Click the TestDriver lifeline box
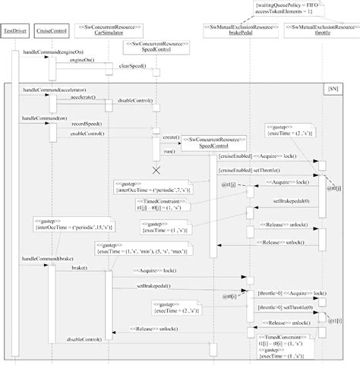pyautogui.click(x=14, y=32)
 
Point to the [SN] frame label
pyautogui.click(x=335, y=89)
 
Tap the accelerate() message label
pyautogui.click(x=84, y=99)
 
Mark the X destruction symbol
pyautogui.click(x=156, y=170)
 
